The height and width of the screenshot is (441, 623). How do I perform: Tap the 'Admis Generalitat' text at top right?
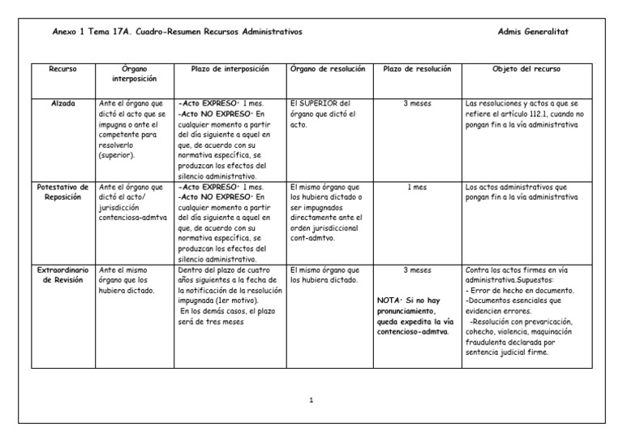pos(532,31)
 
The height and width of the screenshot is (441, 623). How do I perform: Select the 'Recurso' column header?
pos(62,69)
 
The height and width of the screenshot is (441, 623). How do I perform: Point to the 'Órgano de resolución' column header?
pos(328,69)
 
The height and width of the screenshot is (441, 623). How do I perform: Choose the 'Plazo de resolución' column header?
pos(416,69)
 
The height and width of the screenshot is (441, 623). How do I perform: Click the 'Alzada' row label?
pos(62,103)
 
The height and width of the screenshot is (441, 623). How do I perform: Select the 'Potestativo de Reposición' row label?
pos(62,192)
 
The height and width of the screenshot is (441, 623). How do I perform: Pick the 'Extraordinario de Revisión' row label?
pos(62,274)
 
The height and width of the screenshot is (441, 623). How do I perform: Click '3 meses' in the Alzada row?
pos(416,103)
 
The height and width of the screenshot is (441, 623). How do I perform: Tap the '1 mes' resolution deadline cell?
pos(416,186)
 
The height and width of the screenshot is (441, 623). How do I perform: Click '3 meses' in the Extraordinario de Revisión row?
pos(416,269)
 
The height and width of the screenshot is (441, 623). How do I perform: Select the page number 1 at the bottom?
pos(311,400)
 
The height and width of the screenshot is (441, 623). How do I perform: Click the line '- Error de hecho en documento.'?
pos(521,290)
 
